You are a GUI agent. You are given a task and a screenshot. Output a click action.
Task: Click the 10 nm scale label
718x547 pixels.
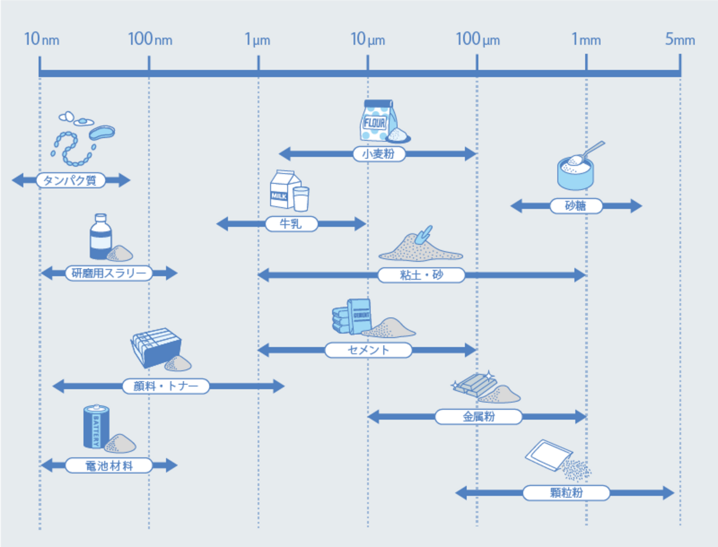[41, 40]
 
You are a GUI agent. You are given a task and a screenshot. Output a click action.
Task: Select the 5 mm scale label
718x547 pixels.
[680, 40]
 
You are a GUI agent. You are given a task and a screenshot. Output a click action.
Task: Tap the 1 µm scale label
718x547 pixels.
[257, 40]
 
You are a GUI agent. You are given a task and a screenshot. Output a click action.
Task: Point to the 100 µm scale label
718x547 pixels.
[477, 40]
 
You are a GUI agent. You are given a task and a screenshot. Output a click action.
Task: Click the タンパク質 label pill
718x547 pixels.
[71, 180]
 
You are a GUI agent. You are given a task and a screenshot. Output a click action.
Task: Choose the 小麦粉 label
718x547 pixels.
[379, 154]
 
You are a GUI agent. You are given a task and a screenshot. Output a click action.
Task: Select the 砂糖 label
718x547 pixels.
[576, 206]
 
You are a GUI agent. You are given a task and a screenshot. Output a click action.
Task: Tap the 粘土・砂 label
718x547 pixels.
[421, 275]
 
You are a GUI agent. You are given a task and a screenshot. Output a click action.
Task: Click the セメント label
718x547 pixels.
[368, 350]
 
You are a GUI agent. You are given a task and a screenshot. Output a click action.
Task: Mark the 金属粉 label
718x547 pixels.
[479, 417]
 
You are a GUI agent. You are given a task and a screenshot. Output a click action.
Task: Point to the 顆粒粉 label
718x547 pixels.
[565, 493]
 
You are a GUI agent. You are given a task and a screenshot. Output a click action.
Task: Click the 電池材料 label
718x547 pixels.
[108, 465]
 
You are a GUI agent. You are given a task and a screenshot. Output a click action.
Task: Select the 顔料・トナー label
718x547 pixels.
[166, 386]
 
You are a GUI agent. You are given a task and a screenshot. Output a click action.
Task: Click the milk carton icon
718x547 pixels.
[284, 189]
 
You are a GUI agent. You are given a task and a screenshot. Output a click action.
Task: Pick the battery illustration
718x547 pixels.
[96, 426]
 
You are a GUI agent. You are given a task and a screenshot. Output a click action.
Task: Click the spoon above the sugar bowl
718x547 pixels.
[592, 149]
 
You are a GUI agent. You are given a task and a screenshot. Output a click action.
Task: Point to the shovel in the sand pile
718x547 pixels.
[424, 235]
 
